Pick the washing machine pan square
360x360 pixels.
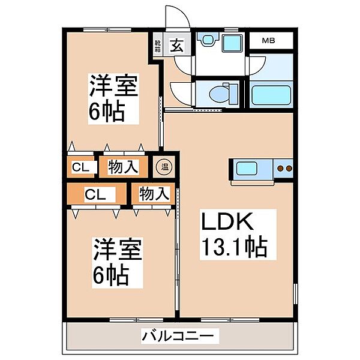pos(231,42)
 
